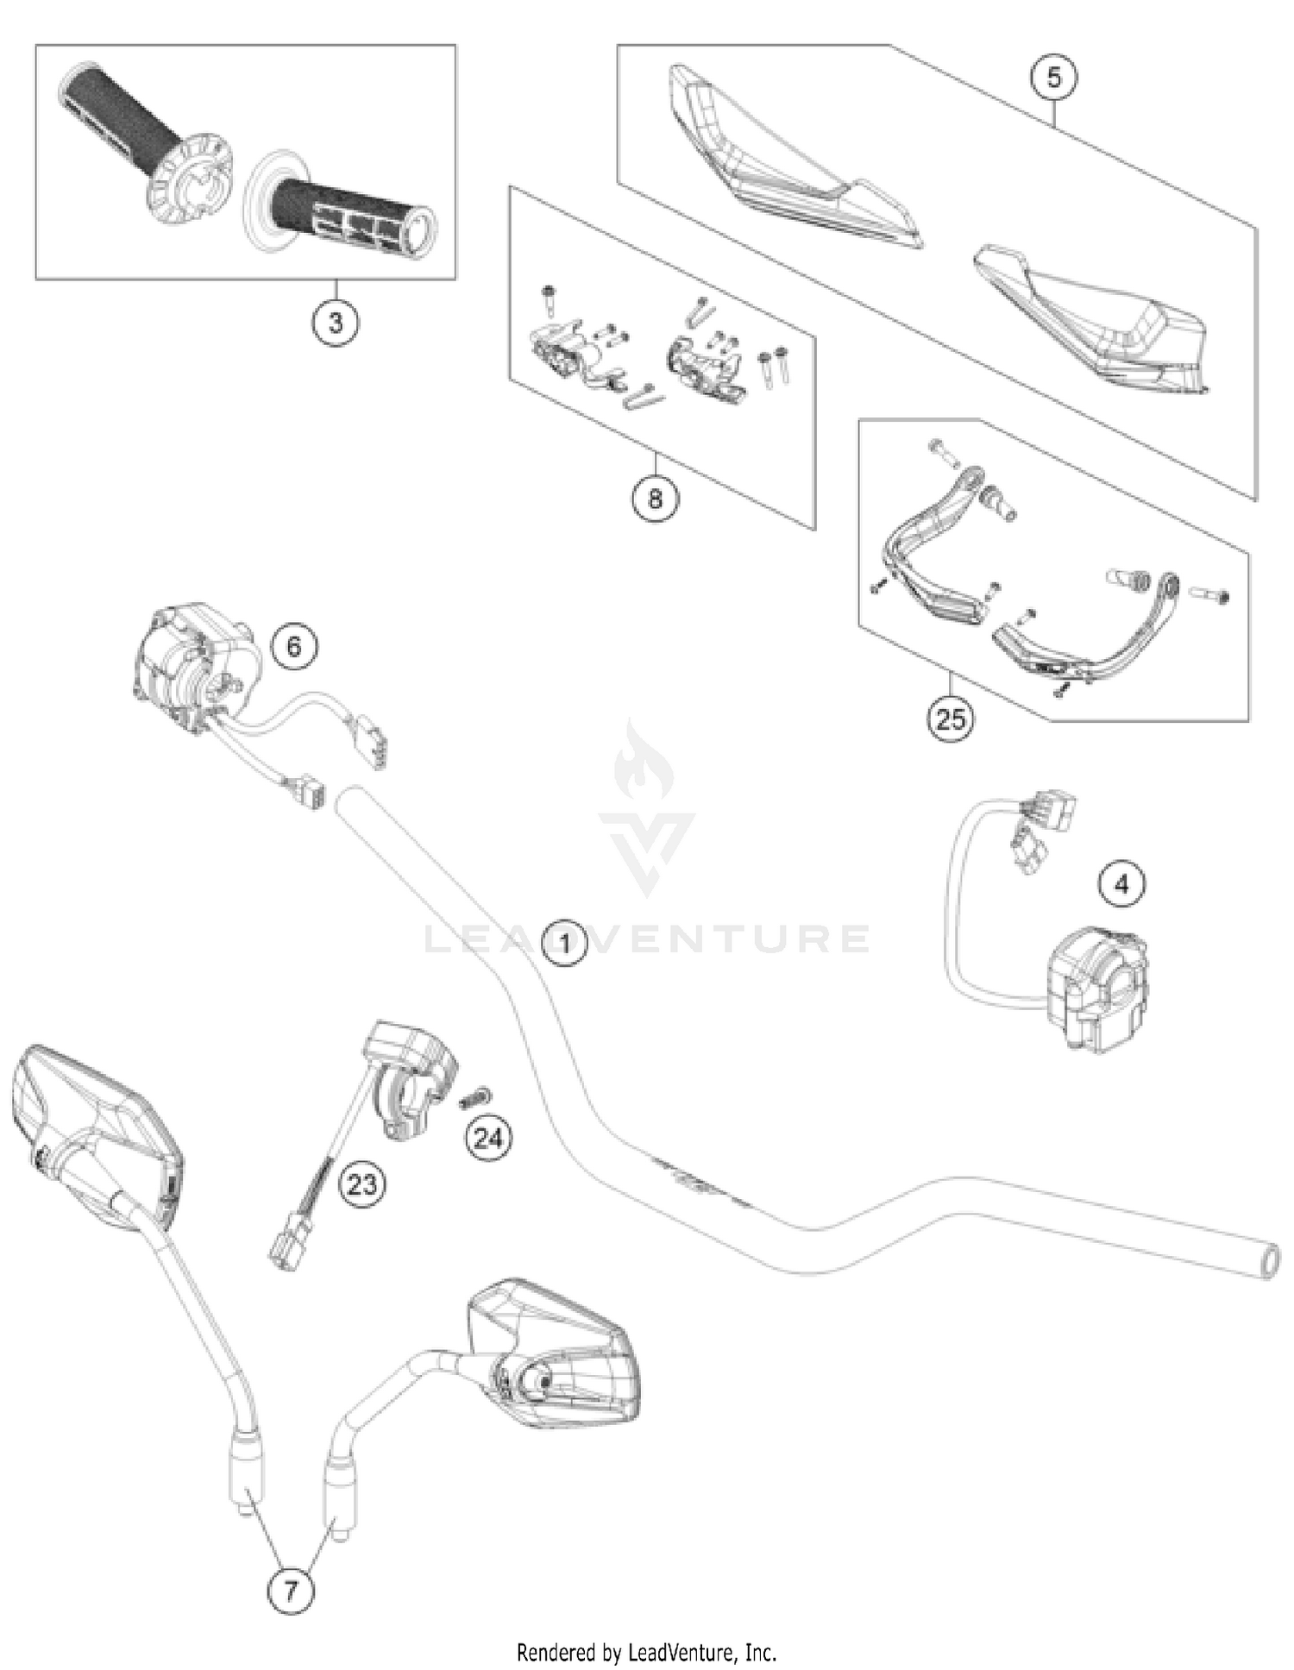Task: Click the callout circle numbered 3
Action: pos(335,323)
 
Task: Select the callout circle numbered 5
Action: pos(1053,78)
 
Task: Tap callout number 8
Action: pos(655,499)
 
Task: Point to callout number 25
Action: pos(950,718)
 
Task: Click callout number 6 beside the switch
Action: pos(293,646)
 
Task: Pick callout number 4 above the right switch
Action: pos(1121,884)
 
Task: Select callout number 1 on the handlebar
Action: pos(564,943)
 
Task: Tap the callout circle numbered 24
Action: pos(488,1139)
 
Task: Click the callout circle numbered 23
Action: pos(361,1184)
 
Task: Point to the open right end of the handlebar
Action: pos(1269,1262)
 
